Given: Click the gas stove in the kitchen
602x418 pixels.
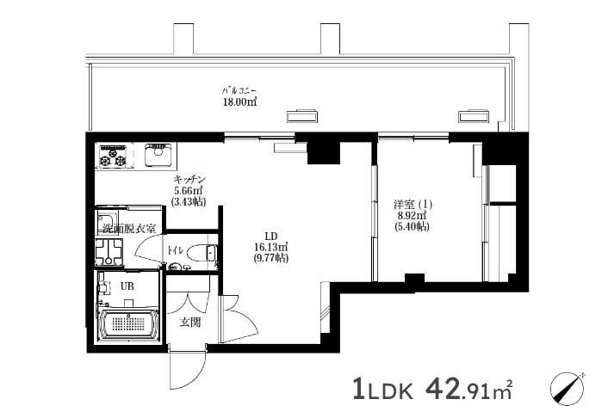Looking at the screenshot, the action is coord(114,156).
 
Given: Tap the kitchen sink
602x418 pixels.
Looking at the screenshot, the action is coord(158,154).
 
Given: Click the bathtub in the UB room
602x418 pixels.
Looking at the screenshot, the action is coord(127,324).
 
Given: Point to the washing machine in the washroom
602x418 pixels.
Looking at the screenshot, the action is coord(109,252).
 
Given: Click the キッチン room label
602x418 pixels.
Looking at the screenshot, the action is coord(190,179).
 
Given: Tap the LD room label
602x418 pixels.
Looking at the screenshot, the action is coord(271,237).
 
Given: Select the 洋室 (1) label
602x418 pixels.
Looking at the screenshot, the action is coord(413,204).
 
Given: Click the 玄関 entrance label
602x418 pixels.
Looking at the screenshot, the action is coord(190,323).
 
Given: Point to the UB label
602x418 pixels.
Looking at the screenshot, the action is coord(127,286).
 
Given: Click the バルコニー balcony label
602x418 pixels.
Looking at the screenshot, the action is coord(239,91).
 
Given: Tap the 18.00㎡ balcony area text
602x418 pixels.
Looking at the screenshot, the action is coord(240,102).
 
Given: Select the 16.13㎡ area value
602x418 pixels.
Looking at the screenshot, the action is coord(271,247).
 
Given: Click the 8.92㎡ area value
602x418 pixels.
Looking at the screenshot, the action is coord(412,215).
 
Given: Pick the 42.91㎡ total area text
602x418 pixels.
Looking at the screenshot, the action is coord(469,390).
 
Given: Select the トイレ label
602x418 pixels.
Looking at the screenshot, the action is coord(175,250).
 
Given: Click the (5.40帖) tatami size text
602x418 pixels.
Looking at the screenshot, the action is coord(412,227).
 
